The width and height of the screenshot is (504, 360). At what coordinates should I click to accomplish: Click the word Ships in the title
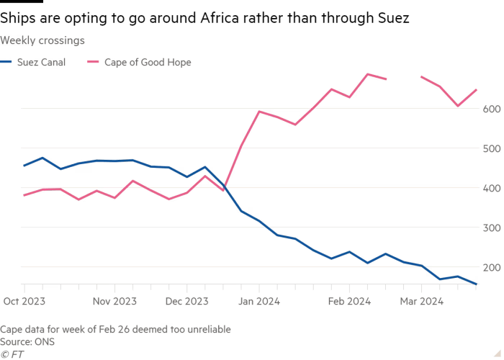click(21, 19)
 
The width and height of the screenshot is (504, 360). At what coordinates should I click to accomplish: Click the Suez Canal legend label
click(44, 63)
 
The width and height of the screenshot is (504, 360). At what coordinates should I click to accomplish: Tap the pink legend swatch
click(93, 63)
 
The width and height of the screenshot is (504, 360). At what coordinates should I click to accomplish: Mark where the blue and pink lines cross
click(225, 186)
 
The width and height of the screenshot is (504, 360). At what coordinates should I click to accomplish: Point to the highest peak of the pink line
click(369, 73)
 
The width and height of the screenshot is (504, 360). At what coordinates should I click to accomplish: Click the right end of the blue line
click(476, 284)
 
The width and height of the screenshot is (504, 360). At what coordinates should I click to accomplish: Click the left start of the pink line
click(24, 195)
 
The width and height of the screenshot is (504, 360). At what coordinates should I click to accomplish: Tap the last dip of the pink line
click(458, 106)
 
